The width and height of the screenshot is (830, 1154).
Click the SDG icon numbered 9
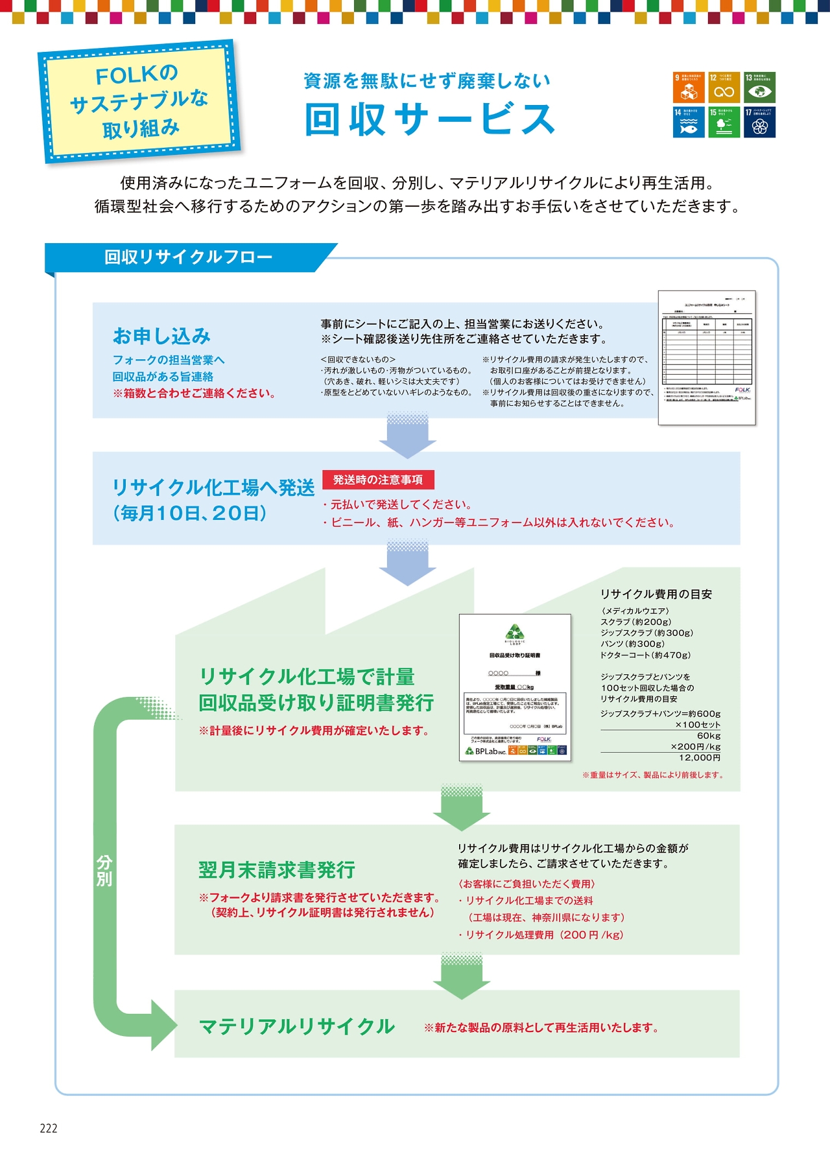tap(689, 88)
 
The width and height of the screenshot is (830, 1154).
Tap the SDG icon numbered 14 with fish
tap(689, 122)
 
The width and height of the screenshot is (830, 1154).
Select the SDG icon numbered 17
tap(759, 122)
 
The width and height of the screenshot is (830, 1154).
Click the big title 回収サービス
tap(429, 119)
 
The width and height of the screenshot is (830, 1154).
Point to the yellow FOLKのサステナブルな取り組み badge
tap(139, 101)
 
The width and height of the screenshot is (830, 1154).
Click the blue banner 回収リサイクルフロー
tap(188, 257)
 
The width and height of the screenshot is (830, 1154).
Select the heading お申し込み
tap(161, 336)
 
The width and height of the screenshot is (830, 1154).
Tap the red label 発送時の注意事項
tap(378, 480)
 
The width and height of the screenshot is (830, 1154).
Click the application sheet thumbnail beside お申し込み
tap(707, 358)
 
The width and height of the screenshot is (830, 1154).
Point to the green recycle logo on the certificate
tap(515, 631)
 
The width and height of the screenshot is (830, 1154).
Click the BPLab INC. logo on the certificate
tap(486, 751)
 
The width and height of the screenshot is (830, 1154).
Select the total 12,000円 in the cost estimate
tap(700, 757)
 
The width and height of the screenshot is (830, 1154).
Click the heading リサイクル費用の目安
tap(656, 594)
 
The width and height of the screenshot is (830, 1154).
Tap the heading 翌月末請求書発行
tap(277, 870)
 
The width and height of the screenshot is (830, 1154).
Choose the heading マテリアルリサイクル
tap(297, 1026)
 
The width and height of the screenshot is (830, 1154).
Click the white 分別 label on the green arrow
tap(104, 870)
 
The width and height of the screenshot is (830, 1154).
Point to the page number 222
tap(49, 1129)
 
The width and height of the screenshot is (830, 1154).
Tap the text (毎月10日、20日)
tap(190, 513)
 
